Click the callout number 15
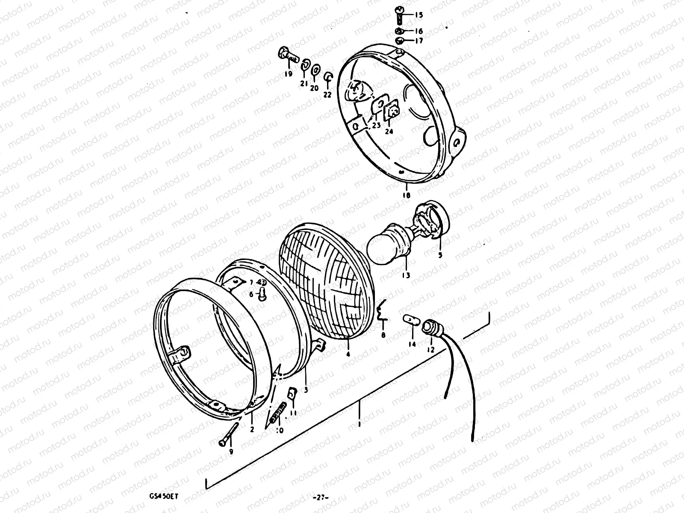coord(419,15)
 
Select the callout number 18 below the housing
coord(406,195)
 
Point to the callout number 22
coord(327,95)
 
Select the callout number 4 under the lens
coord(348,354)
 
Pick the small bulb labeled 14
coord(411,319)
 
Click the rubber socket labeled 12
coord(428,328)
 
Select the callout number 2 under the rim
coord(251,429)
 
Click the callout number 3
coord(306,390)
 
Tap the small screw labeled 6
coord(262,293)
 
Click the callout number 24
coord(389,132)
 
